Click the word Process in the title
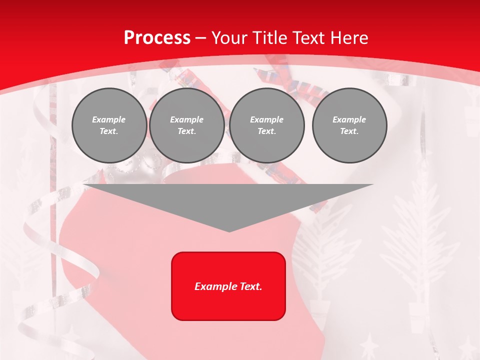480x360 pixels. pos(157,37)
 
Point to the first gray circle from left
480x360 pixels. pos(109,125)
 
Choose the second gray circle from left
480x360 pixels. pos(187,125)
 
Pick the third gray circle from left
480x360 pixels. pos(267,125)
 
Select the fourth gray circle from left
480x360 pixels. pos(349,125)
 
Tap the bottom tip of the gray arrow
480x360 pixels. pos(229,231)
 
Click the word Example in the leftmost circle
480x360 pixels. pos(109,119)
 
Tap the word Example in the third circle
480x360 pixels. pos(266,119)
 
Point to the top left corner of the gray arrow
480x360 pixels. pos(84,184)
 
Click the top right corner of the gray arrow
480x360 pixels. pos(373,184)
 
